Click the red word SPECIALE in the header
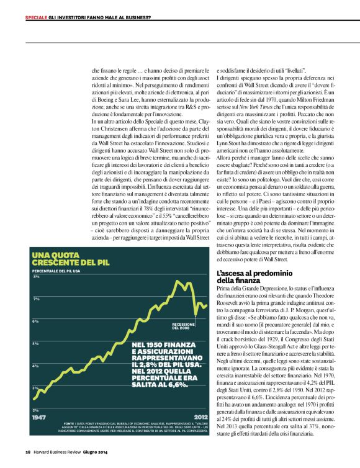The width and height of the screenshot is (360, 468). [36, 17]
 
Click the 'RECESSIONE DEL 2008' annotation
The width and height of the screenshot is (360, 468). [184, 326]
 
